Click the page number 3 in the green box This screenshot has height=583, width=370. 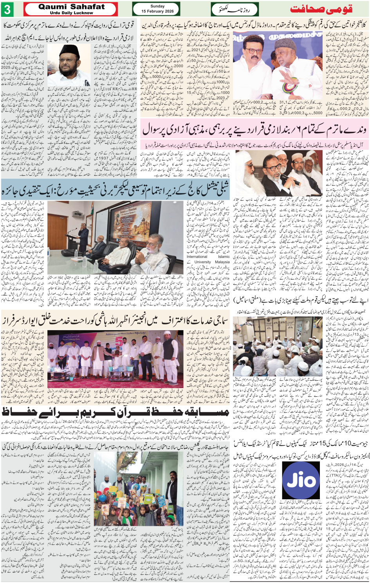(x=7, y=9)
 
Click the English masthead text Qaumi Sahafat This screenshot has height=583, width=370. (x=71, y=6)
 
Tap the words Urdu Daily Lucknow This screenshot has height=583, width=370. (x=71, y=13)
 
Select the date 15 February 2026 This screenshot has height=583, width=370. (x=157, y=11)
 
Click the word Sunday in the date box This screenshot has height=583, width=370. (x=157, y=6)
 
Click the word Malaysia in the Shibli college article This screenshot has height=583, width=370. (x=222, y=262)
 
